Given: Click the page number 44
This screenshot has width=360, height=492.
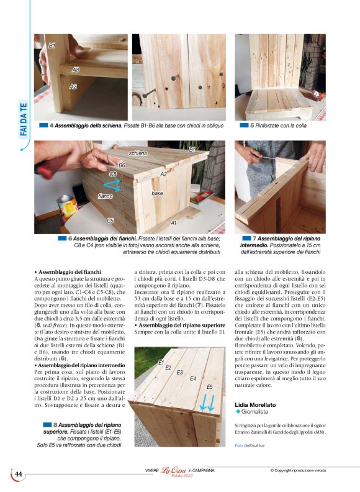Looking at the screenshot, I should [19, 474].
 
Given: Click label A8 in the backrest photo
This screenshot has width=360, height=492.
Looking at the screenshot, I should [75, 70].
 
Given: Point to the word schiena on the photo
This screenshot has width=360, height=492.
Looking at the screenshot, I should [138, 152].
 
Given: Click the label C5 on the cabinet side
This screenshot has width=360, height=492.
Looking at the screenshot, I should [110, 221].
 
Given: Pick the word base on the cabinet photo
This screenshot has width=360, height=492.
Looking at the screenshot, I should [157, 193].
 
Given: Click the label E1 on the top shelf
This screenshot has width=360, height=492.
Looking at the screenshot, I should [161, 362].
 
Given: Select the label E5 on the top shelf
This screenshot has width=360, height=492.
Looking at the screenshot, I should [210, 386].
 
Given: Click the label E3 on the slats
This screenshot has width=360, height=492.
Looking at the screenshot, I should [179, 373].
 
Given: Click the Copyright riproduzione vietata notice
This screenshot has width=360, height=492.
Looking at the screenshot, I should [307, 470].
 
